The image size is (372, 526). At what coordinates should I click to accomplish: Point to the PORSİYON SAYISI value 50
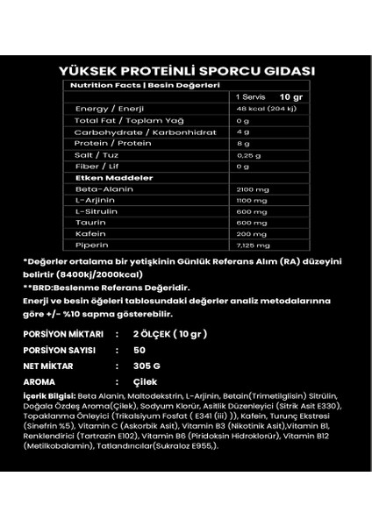(x=139, y=350)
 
